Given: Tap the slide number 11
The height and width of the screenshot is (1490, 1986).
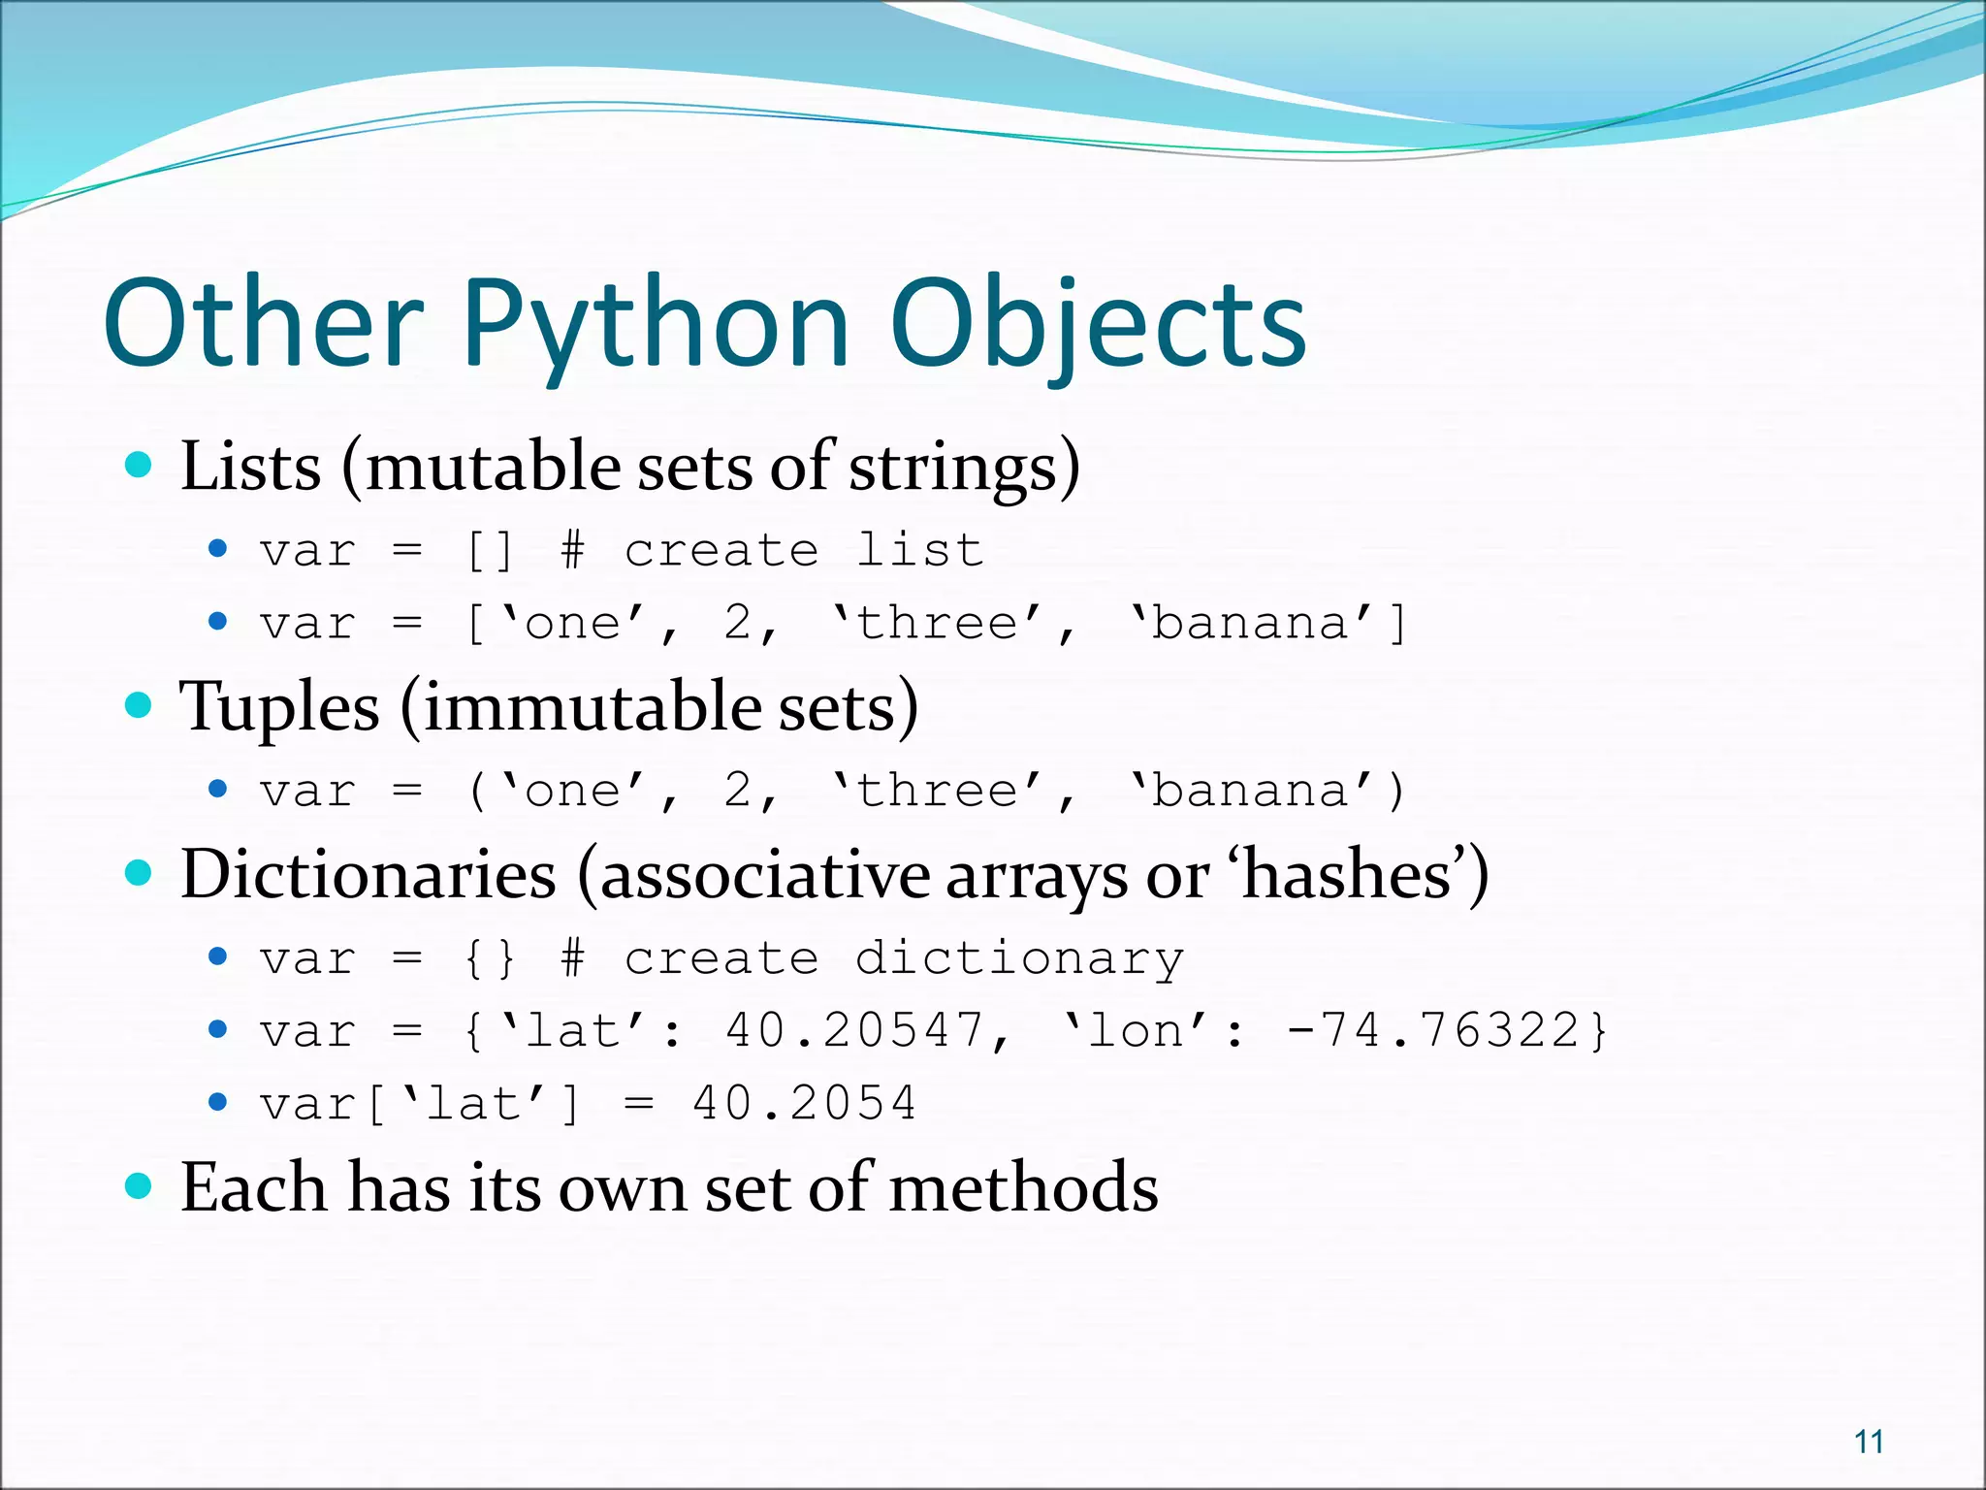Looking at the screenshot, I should (1869, 1441).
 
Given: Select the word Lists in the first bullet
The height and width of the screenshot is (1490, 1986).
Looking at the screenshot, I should (250, 467).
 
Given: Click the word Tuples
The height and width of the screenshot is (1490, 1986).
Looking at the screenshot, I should (279, 706).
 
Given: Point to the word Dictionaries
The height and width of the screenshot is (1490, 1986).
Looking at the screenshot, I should (368, 875).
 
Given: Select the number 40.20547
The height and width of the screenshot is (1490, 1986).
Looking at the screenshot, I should (853, 1030).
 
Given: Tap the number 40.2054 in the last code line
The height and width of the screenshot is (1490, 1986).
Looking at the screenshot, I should (804, 1103).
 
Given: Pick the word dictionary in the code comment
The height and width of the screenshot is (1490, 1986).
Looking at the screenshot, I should (1019, 959).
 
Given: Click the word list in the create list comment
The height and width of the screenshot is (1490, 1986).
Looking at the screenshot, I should (919, 551).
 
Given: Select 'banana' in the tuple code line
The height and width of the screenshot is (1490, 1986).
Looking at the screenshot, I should (1251, 791).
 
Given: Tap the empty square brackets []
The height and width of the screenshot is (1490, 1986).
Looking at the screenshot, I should (490, 551).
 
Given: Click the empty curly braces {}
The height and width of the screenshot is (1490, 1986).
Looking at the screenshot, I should (490, 959).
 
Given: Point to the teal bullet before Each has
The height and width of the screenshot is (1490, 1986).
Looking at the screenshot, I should (140, 1185).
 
